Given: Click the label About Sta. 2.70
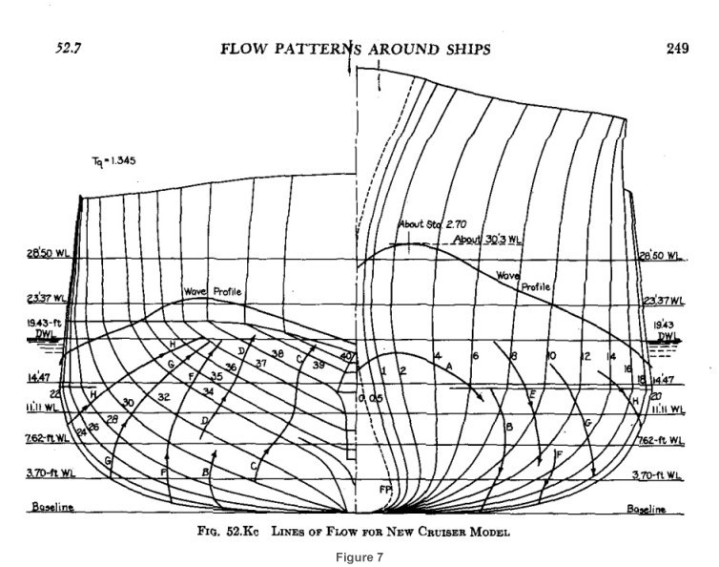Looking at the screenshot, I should tap(425, 225).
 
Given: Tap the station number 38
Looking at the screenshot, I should tap(277, 353).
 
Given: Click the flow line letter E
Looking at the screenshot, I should tap(532, 393).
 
